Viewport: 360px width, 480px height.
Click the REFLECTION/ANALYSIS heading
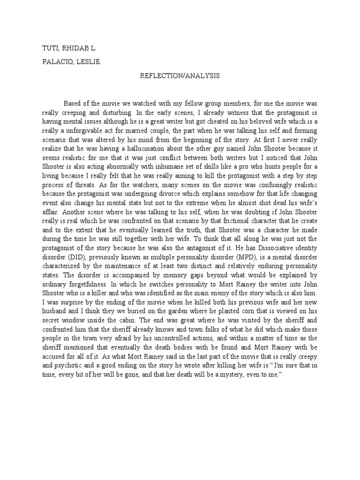tap(180, 75)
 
